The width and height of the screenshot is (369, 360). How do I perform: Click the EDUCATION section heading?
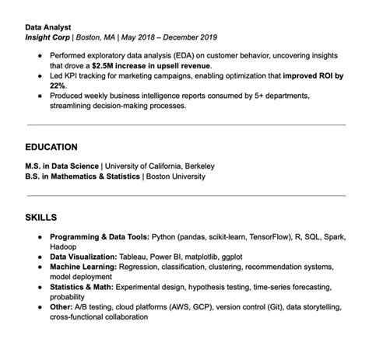(x=51, y=146)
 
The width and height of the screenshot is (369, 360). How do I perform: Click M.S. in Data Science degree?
(x=62, y=166)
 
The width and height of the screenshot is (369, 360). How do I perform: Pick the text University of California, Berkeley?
(x=160, y=166)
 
